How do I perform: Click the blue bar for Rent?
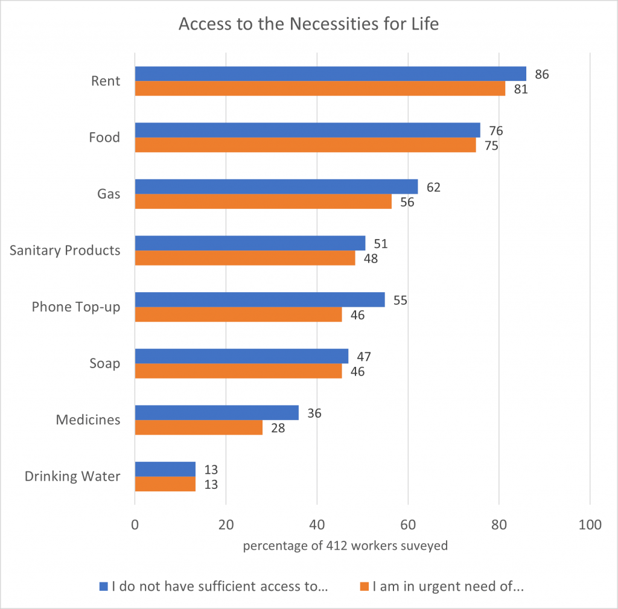pyautogui.click(x=330, y=74)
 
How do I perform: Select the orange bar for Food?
pyautogui.click(x=305, y=145)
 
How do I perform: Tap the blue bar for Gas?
pyautogui.click(x=276, y=187)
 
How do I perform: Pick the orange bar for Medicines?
pyautogui.click(x=199, y=427)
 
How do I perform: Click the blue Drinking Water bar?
pyautogui.click(x=165, y=469)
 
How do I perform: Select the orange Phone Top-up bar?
pyautogui.click(x=238, y=314)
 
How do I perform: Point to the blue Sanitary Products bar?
pyautogui.click(x=250, y=243)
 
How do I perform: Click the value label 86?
pyautogui.click(x=541, y=75)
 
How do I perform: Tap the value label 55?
pyautogui.click(x=400, y=300)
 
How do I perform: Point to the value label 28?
pyautogui.click(x=278, y=429)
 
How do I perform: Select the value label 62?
pyautogui.click(x=433, y=187)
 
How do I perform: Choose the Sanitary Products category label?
pyautogui.click(x=65, y=250)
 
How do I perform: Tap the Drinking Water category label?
pyautogui.click(x=72, y=476)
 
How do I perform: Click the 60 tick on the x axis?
pyautogui.click(x=408, y=525)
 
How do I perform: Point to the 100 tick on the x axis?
pyautogui.click(x=590, y=525)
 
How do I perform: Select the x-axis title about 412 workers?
pyautogui.click(x=345, y=546)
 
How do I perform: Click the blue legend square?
pyautogui.click(x=103, y=586)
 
